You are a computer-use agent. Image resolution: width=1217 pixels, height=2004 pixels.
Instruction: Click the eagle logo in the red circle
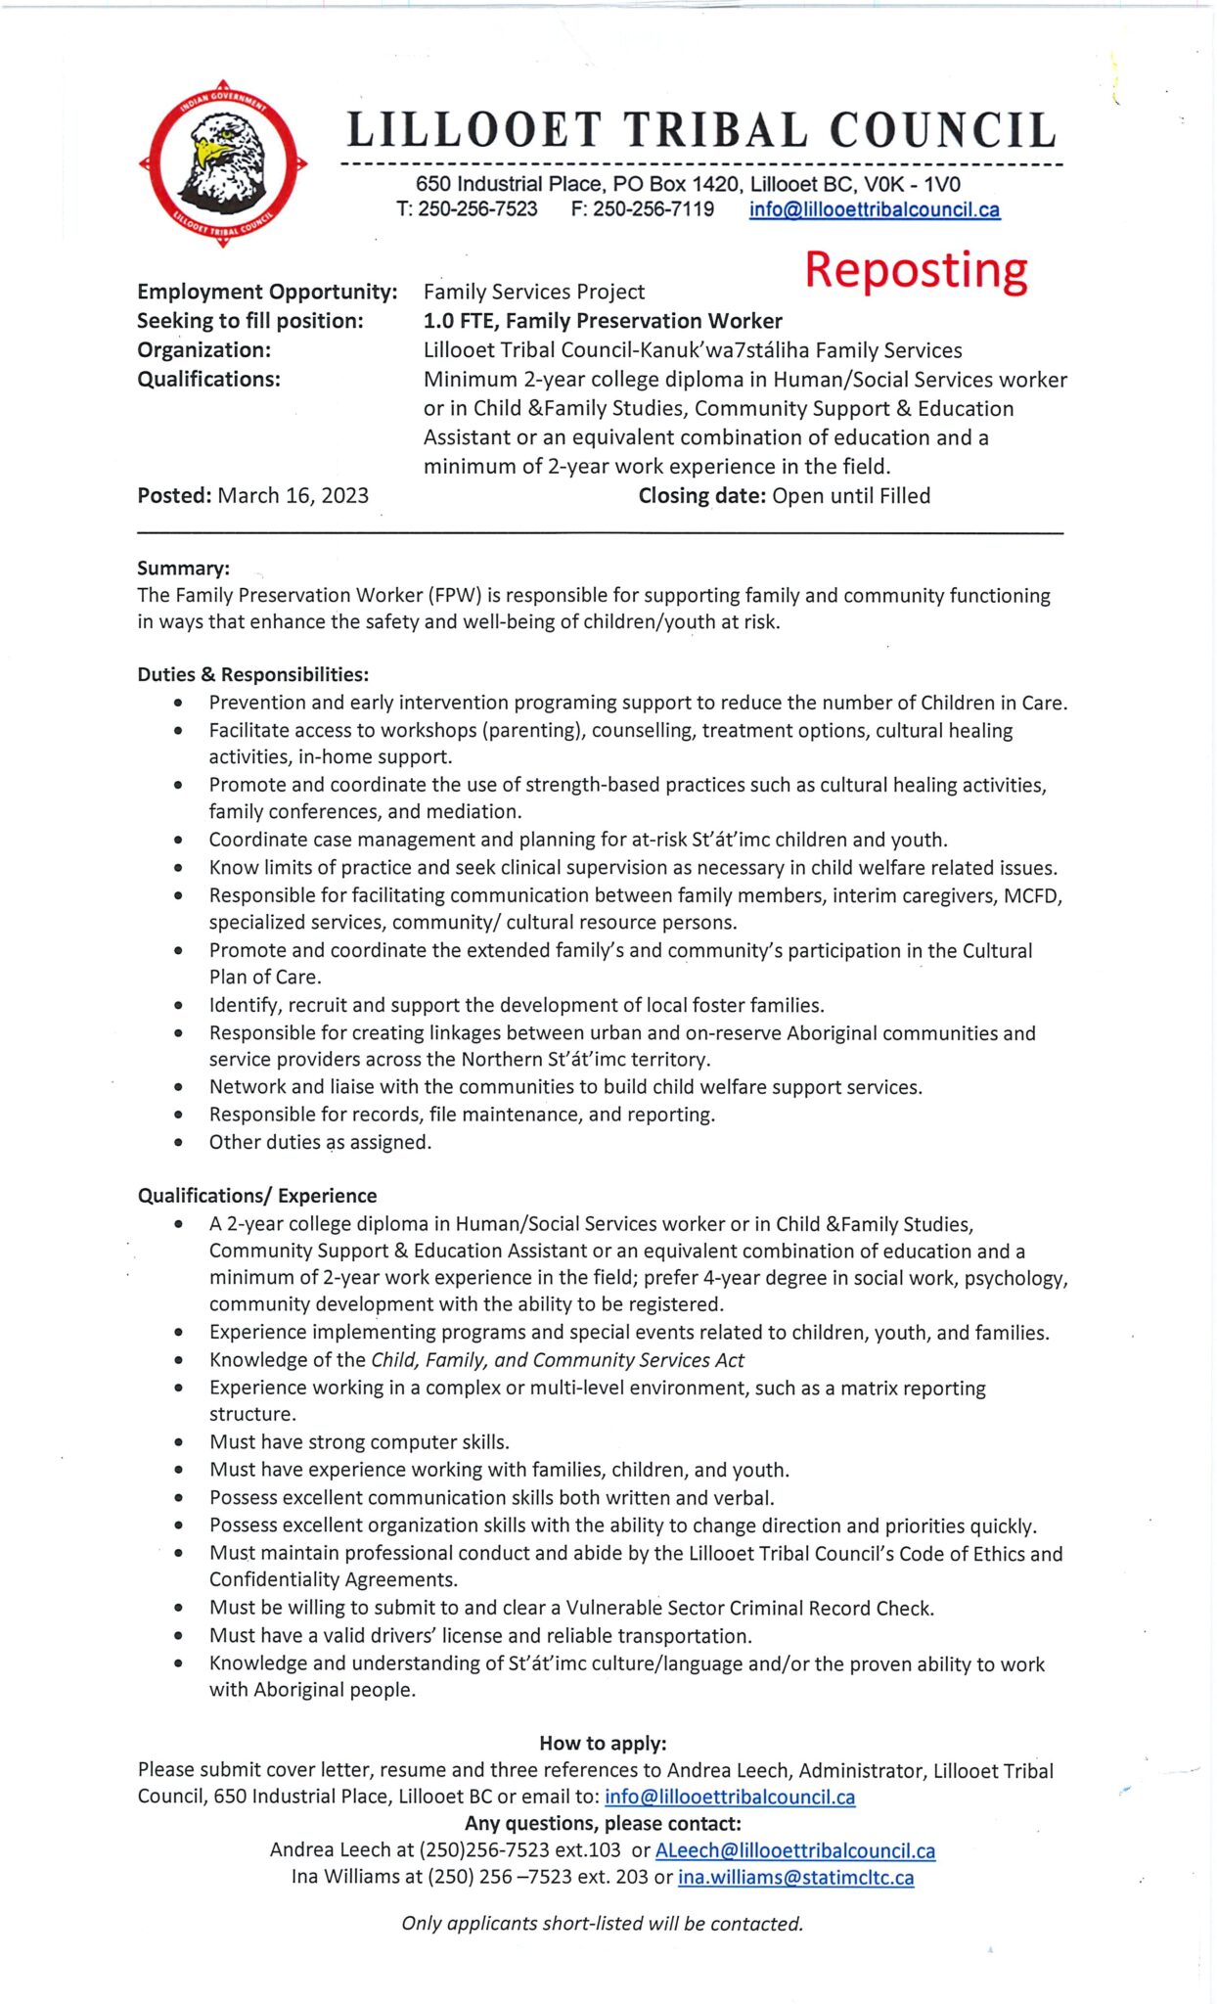click(223, 162)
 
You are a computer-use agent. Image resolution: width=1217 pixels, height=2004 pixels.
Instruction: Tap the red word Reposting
click(916, 270)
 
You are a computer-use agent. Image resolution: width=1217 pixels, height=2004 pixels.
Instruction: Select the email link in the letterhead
click(874, 209)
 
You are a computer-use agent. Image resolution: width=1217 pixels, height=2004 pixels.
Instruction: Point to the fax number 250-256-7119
click(653, 209)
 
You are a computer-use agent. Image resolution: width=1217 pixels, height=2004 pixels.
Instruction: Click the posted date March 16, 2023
click(293, 495)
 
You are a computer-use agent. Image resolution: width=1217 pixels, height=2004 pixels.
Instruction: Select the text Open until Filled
click(850, 495)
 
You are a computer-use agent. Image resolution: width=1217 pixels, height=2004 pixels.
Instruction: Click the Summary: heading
click(184, 569)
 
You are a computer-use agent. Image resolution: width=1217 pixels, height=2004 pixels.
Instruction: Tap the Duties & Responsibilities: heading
click(252, 674)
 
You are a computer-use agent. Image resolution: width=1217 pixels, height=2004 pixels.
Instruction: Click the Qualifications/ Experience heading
click(256, 1196)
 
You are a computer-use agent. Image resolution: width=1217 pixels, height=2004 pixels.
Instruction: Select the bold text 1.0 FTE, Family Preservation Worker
click(603, 321)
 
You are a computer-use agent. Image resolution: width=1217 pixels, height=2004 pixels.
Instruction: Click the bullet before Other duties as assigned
click(178, 1142)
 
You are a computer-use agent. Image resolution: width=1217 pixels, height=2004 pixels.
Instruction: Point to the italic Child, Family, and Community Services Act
click(558, 1360)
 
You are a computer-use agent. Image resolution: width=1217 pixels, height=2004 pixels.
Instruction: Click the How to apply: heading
click(603, 1743)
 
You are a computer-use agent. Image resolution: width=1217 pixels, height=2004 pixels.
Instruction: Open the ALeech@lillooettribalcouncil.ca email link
click(794, 1850)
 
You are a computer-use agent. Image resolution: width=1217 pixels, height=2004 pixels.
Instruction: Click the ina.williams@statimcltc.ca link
click(795, 1877)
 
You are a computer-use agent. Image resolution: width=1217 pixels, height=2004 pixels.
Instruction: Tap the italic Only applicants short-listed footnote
click(602, 1923)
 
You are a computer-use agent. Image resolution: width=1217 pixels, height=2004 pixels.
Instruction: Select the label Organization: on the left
click(203, 350)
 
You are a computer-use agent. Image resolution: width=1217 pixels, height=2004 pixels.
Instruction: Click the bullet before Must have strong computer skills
click(178, 1442)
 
